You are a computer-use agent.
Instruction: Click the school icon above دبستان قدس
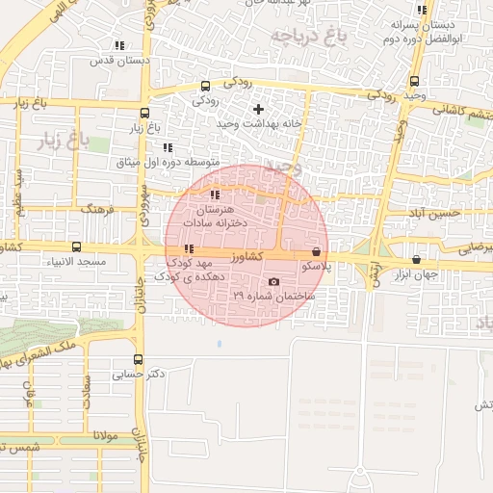coord(119,45)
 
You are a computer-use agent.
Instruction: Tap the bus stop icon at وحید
coord(414,81)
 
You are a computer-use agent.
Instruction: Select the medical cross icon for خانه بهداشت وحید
coord(258,109)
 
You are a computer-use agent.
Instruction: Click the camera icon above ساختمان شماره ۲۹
coord(274,282)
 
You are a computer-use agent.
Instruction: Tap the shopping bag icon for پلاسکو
coord(317,250)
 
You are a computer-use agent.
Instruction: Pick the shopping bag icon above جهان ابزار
coord(416,259)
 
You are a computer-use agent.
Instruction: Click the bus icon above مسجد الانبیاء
coord(76,246)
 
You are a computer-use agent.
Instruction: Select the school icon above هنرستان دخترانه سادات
coord(214,195)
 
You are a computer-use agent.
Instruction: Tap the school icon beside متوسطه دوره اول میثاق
coord(168,147)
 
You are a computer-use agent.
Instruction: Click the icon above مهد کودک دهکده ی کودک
coord(189,249)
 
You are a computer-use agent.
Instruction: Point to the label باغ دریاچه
coord(306,38)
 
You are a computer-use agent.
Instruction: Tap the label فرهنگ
coord(97,208)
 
